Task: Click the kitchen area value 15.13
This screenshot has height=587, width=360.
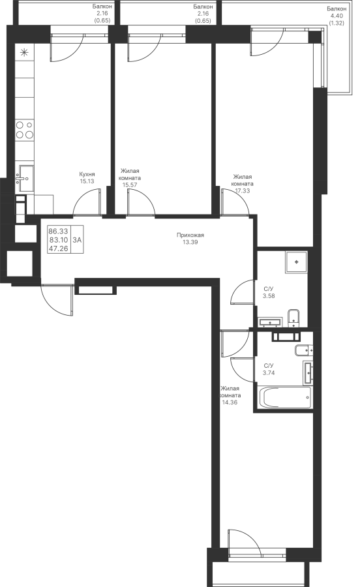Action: click(x=87, y=181)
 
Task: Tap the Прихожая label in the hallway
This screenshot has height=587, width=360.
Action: click(x=190, y=235)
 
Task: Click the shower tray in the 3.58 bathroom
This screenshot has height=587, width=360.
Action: click(x=296, y=262)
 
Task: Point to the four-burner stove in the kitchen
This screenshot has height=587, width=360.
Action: click(x=25, y=130)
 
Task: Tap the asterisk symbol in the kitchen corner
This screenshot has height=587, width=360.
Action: click(x=24, y=53)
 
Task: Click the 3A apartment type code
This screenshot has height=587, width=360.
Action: click(x=77, y=240)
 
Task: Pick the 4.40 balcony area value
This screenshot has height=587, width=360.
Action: click(x=337, y=16)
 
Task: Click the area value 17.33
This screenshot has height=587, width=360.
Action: click(x=243, y=190)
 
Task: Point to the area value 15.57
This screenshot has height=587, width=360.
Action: click(x=130, y=185)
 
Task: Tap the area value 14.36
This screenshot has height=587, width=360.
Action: click(x=230, y=402)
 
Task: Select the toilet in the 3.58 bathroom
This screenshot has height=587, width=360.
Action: click(x=293, y=316)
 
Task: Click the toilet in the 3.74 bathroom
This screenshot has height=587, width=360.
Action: click(x=303, y=350)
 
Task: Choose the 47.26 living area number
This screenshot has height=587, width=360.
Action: click(x=59, y=248)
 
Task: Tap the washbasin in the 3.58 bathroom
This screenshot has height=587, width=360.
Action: click(x=270, y=322)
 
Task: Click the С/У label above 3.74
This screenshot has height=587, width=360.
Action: click(x=269, y=366)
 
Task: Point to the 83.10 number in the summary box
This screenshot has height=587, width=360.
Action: click(x=59, y=240)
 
